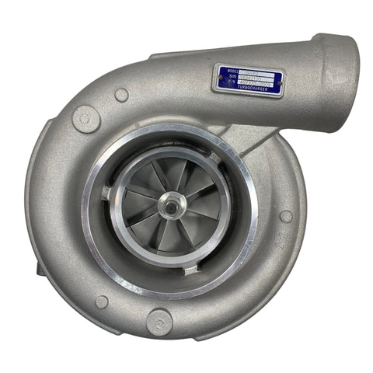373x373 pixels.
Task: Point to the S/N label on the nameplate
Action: (227, 78)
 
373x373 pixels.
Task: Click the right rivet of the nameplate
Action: (278, 78)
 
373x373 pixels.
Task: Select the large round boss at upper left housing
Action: (85, 119)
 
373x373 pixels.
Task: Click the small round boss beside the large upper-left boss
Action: (121, 95)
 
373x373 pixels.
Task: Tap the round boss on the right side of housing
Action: (286, 216)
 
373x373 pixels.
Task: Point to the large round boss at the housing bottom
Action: (160, 319)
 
